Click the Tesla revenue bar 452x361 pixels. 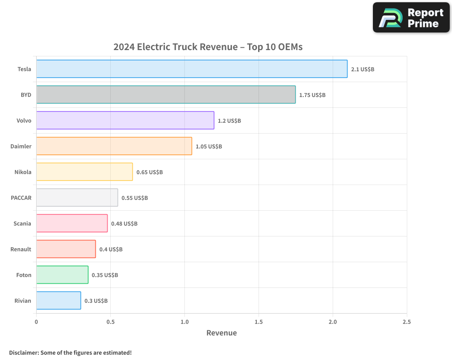tap(192, 69)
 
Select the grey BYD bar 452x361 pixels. tap(166, 95)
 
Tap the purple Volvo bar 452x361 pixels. tap(125, 120)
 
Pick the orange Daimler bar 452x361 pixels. tap(114, 146)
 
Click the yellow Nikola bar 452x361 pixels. tap(85, 172)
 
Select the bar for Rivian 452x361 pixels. tap(59, 301)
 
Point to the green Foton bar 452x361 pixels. tap(62, 275)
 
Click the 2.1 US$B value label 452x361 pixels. tap(363, 69)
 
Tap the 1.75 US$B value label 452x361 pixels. tap(312, 95)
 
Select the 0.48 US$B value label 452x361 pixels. tap(124, 224)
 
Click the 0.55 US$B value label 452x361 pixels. tap(135, 198)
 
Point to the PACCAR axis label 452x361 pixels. tap(21, 198)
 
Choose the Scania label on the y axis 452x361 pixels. tap(23, 223)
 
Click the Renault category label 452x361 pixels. tap(21, 249)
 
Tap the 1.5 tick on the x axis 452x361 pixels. tap(259, 322)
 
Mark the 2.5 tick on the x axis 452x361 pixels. tap(406, 322)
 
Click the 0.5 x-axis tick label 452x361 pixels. tap(110, 322)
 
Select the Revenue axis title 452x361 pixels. tap(221, 333)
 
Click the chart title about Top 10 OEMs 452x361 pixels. tap(208, 47)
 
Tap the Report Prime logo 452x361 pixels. tap(411, 18)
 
